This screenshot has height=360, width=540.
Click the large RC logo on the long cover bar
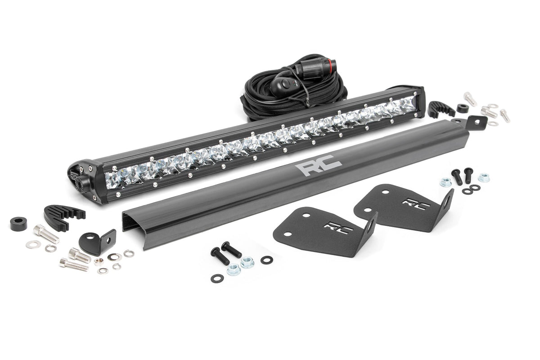(318, 168)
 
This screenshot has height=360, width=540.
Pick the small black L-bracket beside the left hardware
(97, 241)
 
